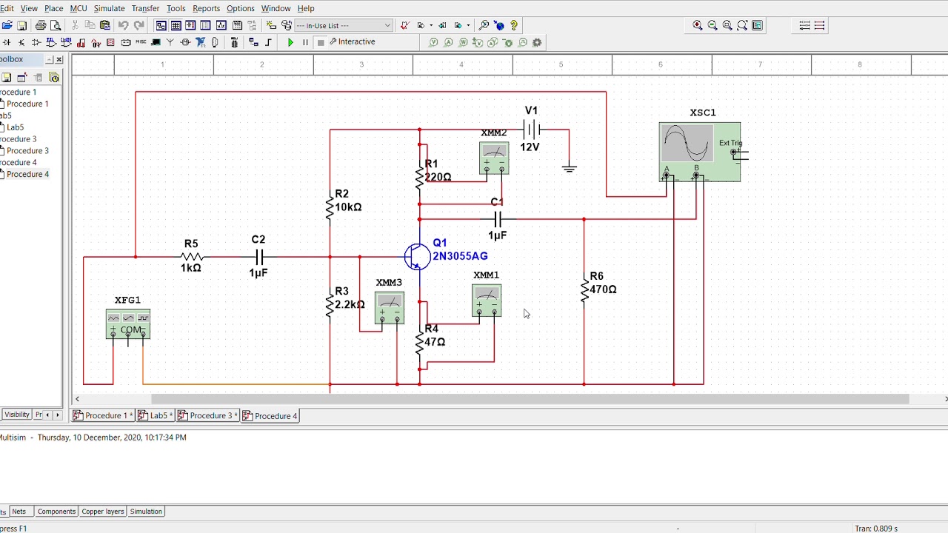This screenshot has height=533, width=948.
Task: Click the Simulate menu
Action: [x=109, y=8]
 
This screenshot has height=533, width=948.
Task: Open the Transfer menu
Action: [x=145, y=8]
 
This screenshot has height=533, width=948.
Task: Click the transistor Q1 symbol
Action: [x=417, y=257]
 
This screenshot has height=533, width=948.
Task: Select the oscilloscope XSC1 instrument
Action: [x=699, y=152]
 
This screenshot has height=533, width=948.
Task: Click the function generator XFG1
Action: [x=128, y=324]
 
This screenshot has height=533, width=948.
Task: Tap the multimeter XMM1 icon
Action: [x=487, y=301]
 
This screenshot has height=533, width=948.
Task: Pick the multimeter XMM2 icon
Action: [x=494, y=158]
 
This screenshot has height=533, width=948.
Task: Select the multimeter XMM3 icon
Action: [x=390, y=308]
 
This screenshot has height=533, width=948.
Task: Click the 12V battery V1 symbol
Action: [x=531, y=130]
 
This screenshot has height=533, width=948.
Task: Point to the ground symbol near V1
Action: [x=569, y=169]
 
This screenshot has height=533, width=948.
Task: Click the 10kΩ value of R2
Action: [x=348, y=207]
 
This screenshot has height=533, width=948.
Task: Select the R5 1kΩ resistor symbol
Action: [x=191, y=257]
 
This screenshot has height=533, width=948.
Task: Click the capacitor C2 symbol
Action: [x=258, y=257]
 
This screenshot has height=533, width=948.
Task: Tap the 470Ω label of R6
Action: [x=603, y=289]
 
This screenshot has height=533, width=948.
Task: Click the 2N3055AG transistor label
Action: [x=460, y=256]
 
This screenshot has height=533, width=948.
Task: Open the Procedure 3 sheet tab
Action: [x=210, y=416]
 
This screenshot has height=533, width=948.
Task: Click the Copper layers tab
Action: [x=102, y=512]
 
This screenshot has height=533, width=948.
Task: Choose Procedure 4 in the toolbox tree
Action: [x=27, y=174]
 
